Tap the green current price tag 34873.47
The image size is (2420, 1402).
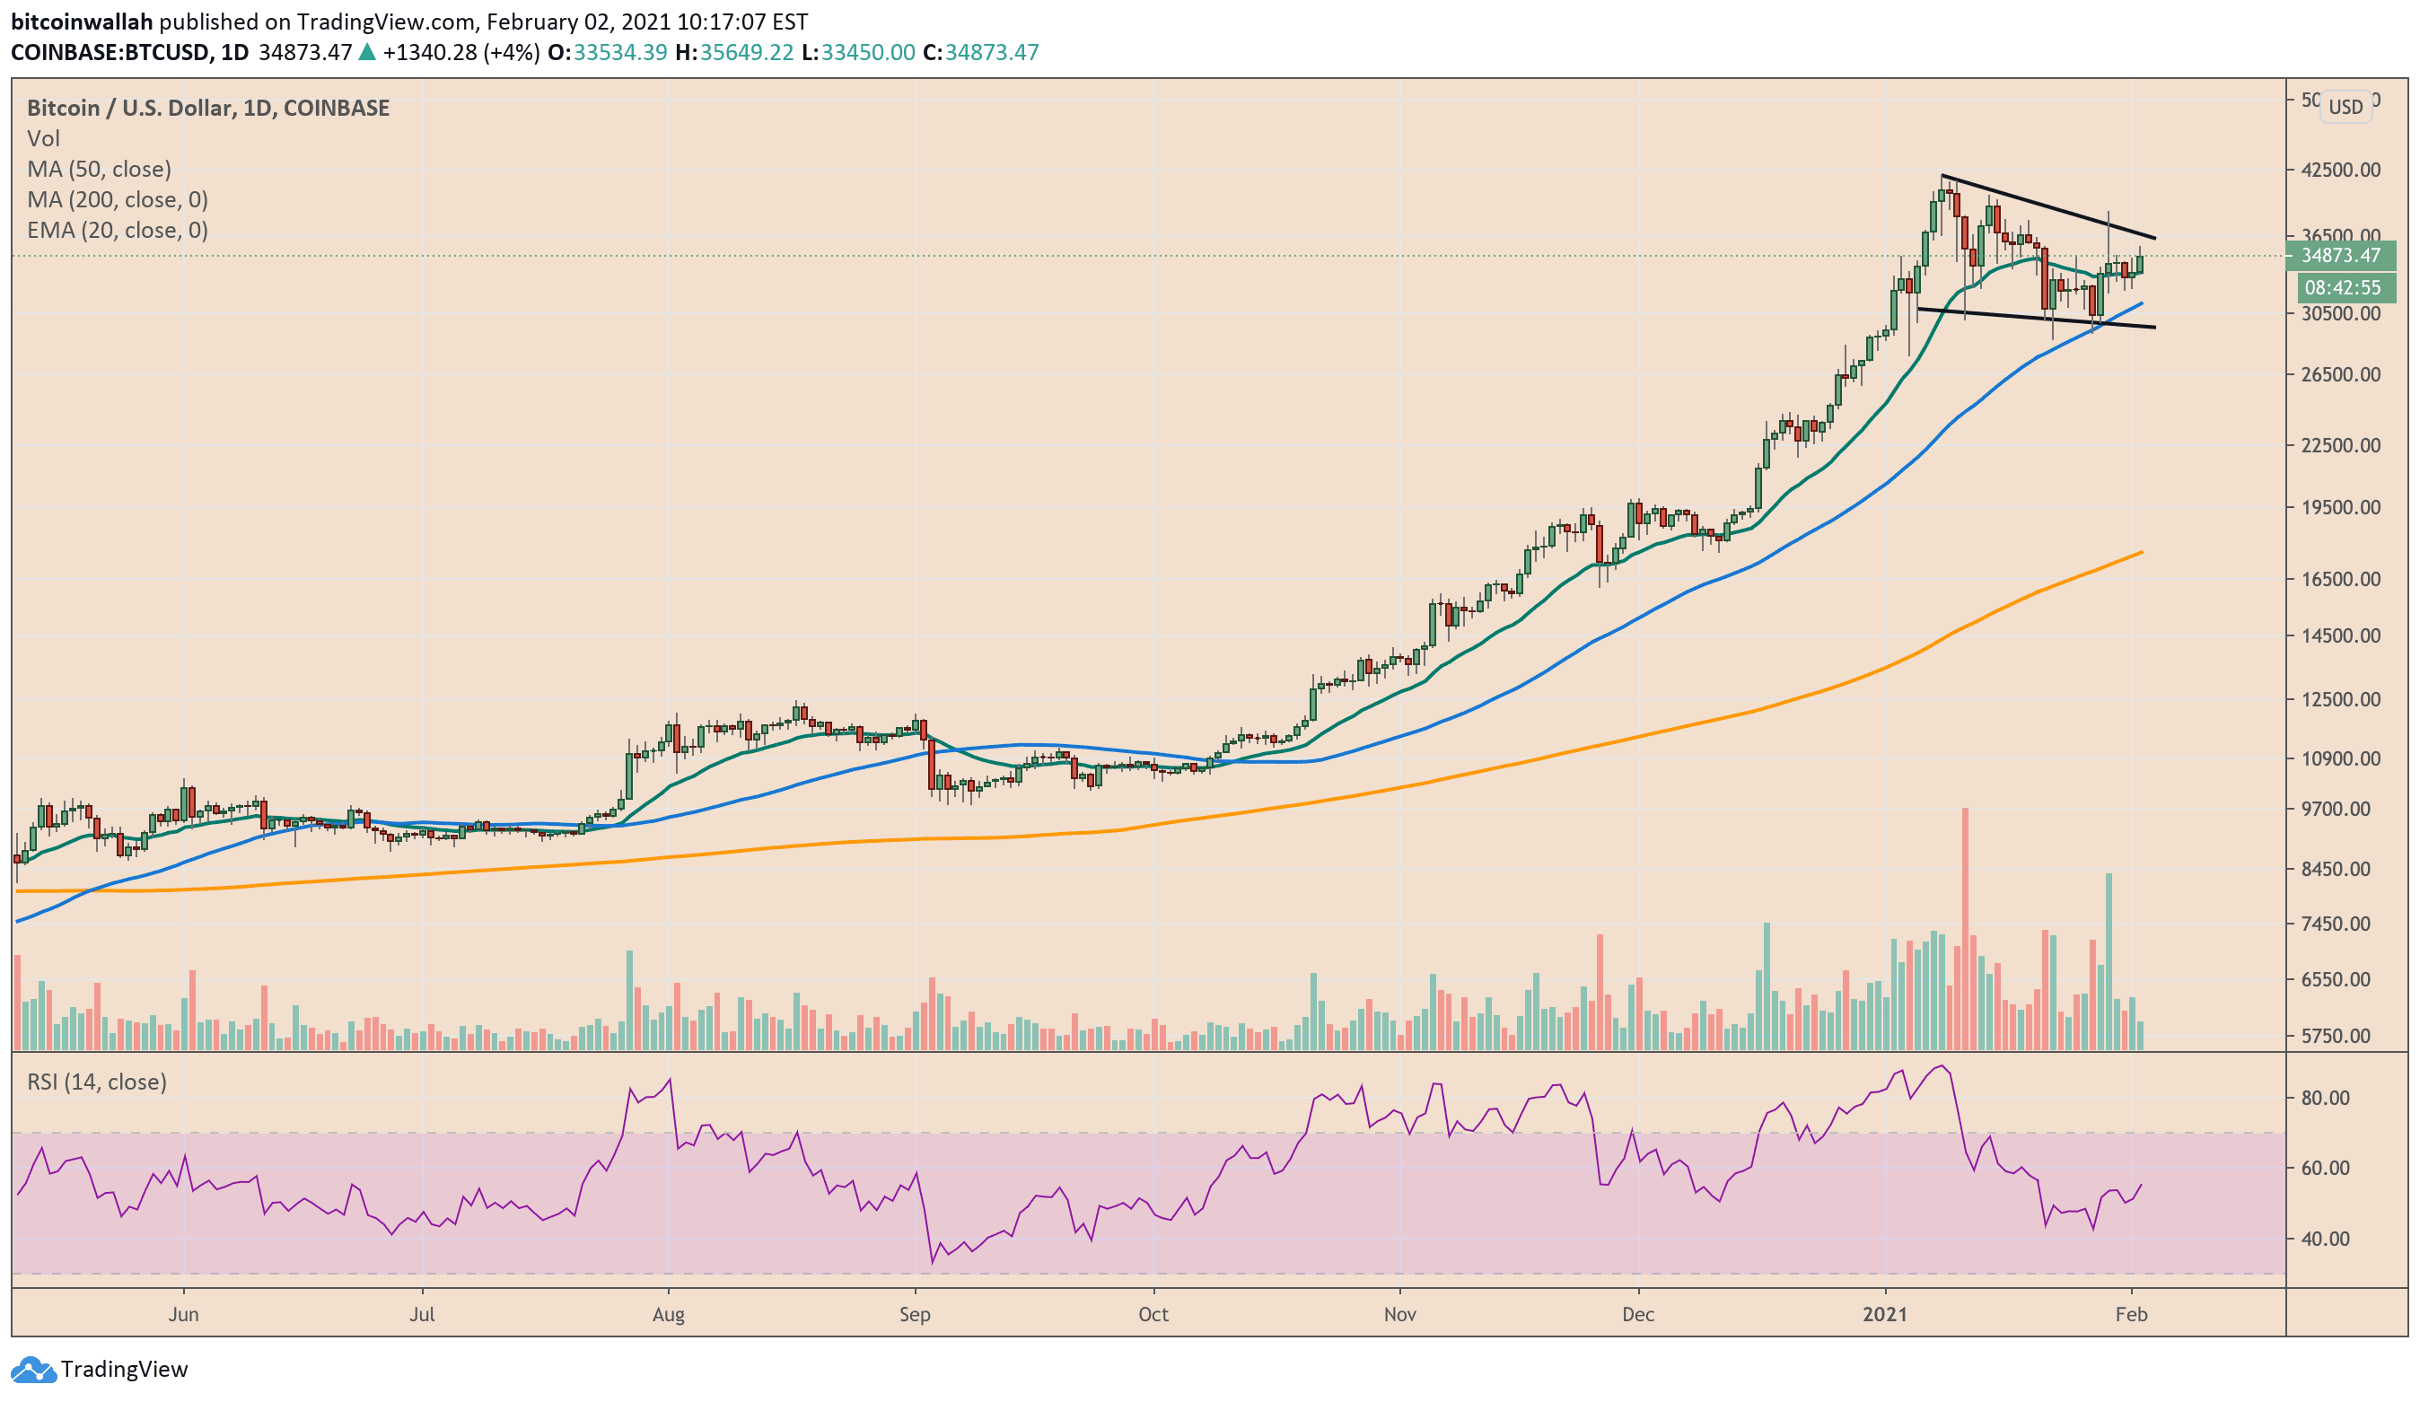(x=2341, y=256)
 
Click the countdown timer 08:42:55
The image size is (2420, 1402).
(x=2342, y=287)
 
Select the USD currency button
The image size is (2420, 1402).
(x=2345, y=107)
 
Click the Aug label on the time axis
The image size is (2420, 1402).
(x=669, y=1314)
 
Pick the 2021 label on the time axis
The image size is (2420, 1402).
(x=1885, y=1314)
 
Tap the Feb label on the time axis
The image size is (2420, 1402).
(x=2131, y=1314)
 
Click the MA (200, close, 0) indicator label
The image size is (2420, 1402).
(x=118, y=200)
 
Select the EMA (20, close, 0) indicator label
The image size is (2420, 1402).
(x=118, y=231)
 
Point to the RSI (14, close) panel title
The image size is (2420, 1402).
(x=96, y=1082)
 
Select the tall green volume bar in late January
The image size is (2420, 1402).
(x=2109, y=960)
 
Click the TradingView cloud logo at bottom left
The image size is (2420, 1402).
(x=32, y=1370)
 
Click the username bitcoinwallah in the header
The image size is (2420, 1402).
(x=82, y=22)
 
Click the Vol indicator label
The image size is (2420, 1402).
(x=43, y=138)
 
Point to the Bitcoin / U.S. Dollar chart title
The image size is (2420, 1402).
(x=207, y=108)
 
